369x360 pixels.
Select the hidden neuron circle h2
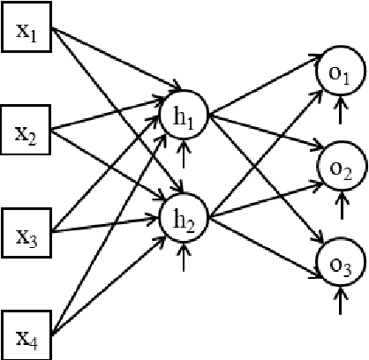tap(184, 215)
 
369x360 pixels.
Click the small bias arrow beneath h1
tap(184, 157)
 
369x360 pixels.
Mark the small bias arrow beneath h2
tap(184, 259)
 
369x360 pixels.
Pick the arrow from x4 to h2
tap(106, 281)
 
